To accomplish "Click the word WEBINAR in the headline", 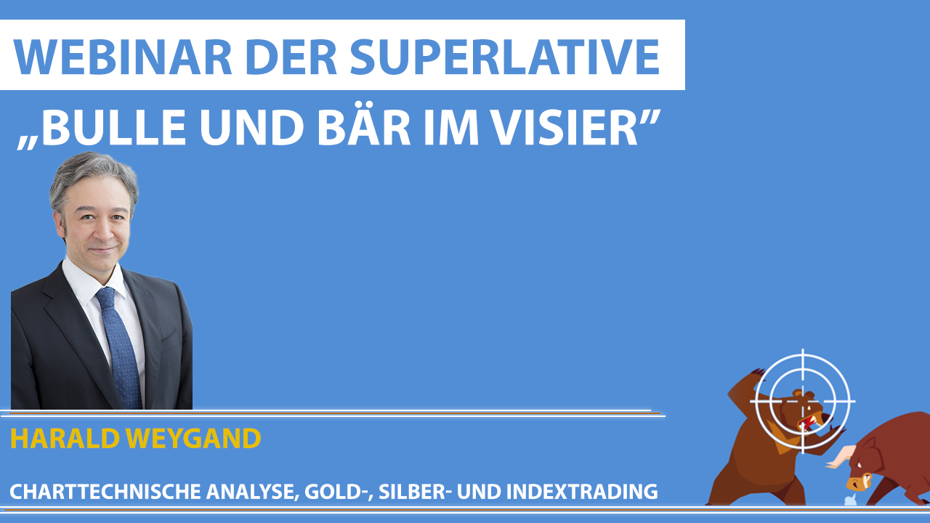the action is (x=123, y=57).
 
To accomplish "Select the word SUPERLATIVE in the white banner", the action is (x=505, y=57).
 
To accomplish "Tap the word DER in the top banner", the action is (x=291, y=57).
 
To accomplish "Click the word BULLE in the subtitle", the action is (x=113, y=127).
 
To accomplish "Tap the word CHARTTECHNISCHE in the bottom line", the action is (x=105, y=492).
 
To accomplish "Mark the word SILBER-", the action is (x=415, y=492).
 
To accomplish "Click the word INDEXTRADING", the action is (x=582, y=492).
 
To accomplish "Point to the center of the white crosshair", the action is (x=803, y=402).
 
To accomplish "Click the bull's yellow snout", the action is (x=858, y=484).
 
